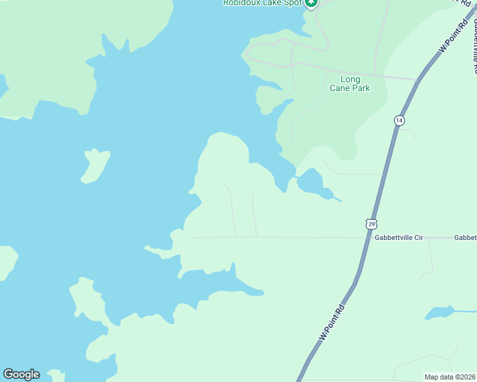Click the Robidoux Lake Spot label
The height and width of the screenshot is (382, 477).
(x=262, y=3)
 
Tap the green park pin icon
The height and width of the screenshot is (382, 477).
(x=311, y=3)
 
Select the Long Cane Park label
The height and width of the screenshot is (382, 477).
(x=350, y=83)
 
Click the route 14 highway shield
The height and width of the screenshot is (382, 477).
(x=399, y=120)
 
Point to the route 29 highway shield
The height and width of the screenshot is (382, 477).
(x=372, y=223)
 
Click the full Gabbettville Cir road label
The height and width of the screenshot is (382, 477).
(x=399, y=237)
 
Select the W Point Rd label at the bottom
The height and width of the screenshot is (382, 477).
(x=332, y=323)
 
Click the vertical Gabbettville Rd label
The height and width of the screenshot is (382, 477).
(x=474, y=38)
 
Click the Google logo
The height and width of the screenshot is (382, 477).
(x=21, y=374)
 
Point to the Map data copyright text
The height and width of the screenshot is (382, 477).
(x=450, y=377)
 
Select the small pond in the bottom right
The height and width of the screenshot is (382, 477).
(x=439, y=312)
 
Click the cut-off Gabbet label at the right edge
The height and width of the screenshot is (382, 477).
(x=465, y=237)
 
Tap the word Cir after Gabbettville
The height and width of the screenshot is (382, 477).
(x=418, y=237)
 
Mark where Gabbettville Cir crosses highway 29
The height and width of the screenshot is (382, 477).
(x=369, y=237)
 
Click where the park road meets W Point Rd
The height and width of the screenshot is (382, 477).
(x=418, y=80)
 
